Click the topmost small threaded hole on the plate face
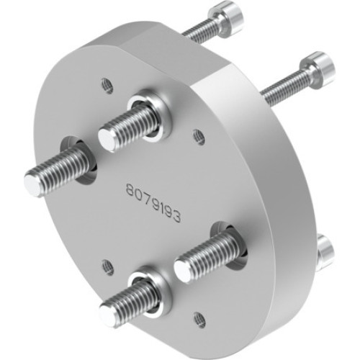107,85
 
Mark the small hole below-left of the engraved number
108,266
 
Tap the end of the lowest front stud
109,312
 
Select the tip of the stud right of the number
184,270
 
